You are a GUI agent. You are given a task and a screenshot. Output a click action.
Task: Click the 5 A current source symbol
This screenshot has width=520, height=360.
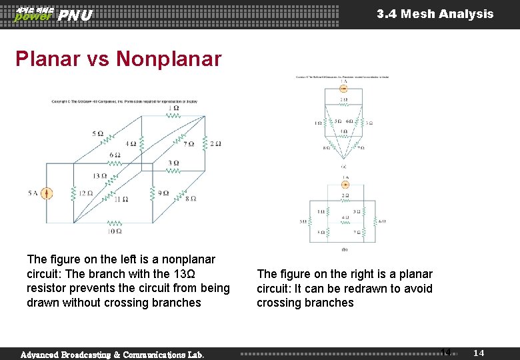pos(47,193)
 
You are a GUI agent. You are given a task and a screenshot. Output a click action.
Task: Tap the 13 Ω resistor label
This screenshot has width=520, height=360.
pos(100,176)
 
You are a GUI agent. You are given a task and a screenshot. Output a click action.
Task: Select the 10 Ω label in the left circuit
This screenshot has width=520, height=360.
pos(115,231)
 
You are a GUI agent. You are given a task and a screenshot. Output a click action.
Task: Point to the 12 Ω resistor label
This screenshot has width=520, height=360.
pos(85,193)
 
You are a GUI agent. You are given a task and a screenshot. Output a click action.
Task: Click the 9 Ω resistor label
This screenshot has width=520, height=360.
pos(163,193)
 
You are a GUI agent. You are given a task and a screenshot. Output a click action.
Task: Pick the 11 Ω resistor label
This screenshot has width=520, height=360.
pos(121,199)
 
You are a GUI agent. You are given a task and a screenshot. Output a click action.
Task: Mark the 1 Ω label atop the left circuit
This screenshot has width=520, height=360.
pos(174,108)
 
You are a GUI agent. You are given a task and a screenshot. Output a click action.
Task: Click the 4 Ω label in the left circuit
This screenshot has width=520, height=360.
pos(131,143)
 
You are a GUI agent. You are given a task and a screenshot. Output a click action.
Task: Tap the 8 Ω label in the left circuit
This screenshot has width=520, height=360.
pos(190,198)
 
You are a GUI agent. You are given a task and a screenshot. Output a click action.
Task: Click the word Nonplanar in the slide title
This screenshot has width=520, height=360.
pos(169,59)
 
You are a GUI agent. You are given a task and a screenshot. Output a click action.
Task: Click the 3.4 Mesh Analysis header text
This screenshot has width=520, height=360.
pos(435,14)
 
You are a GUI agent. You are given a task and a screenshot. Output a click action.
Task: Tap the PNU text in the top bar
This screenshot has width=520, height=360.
pos(75,15)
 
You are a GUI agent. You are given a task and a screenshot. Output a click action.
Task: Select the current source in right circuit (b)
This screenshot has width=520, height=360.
pos(345,184)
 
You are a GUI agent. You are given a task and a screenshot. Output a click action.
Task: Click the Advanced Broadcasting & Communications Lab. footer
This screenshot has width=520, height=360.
pos(112,355)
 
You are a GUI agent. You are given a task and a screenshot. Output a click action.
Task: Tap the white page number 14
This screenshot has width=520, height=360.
pos(479,352)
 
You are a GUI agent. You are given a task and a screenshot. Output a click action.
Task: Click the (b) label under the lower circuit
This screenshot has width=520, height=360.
pos(344,249)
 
